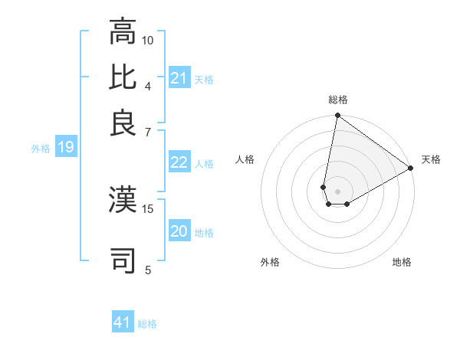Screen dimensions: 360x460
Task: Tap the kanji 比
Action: pos(123,77)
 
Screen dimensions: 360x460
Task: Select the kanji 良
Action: pos(123,123)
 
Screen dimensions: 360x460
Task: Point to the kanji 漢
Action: pos(123,199)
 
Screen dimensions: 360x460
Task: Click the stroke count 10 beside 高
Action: pos(148,40)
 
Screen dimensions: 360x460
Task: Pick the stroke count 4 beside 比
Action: pos(148,86)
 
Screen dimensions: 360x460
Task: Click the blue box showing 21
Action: pos(179,78)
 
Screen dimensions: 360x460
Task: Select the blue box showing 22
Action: pos(179,162)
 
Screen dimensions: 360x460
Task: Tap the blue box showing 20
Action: pos(179,231)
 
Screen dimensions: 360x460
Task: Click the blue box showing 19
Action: pos(65,147)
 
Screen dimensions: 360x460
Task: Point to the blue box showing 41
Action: pos(123,323)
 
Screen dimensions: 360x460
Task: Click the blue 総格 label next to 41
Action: pos(147,324)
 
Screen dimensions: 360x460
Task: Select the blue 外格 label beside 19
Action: pos(40,148)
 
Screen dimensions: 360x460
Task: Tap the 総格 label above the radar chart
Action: pos(338,100)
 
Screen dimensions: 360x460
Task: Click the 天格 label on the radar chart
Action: pos(431,159)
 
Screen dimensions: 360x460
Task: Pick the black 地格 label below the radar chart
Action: pos(402,262)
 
